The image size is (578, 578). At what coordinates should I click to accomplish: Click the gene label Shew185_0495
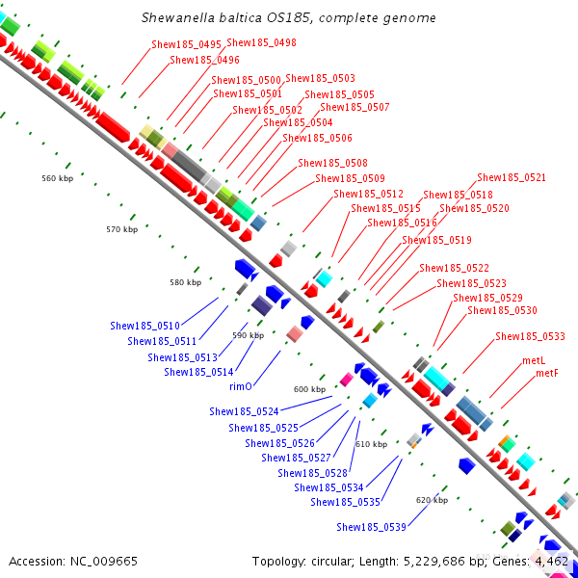[x=186, y=44]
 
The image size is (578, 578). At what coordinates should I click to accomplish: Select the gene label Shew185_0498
[x=261, y=43]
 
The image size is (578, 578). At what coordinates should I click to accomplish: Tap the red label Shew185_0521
[x=512, y=177]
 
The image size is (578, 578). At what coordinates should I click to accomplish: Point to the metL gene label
[x=534, y=359]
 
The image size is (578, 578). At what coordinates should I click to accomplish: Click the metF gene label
[x=546, y=373]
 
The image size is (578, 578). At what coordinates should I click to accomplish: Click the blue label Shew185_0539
[x=371, y=527]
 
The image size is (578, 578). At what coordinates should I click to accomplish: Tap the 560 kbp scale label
[x=58, y=178]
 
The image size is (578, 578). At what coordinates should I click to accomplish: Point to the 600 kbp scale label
[x=310, y=389]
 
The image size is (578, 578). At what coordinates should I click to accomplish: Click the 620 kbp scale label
[x=432, y=500]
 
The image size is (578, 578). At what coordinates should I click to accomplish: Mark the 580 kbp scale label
[x=185, y=282]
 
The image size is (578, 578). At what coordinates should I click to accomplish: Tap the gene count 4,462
[x=552, y=560]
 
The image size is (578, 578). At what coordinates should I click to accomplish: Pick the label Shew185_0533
[x=530, y=336]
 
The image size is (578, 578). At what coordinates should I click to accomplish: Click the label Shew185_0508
[x=332, y=163]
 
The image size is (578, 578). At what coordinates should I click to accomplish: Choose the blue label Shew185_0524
[x=244, y=411]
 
